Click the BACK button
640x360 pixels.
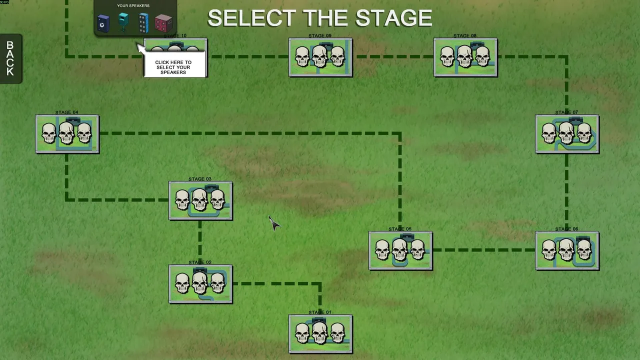(10, 58)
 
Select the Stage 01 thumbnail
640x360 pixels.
(320, 334)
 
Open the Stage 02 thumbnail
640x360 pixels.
(200, 284)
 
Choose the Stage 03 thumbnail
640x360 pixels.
(200, 200)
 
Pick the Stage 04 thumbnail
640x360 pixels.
(67, 134)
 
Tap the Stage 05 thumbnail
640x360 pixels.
(400, 250)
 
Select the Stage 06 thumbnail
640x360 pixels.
(567, 250)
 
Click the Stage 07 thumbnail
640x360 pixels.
(567, 134)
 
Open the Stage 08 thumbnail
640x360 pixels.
(465, 57)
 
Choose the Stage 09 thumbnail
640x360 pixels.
(320, 57)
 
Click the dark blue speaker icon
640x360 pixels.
(103, 23)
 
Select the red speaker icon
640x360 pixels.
(163, 23)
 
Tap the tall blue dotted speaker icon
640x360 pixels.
(143, 23)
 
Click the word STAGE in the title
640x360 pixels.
(393, 18)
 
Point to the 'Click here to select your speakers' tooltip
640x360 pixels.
(173, 67)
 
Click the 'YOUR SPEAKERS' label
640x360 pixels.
(133, 6)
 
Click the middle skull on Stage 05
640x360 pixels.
(399, 249)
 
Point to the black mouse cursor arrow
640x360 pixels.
(273, 223)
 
